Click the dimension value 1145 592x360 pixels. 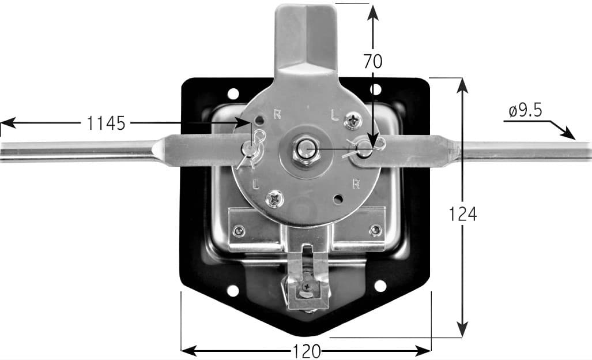pos(105,123)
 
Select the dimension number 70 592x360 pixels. pos(372,61)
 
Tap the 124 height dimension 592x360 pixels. pos(462,214)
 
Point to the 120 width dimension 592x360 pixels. pos(307,352)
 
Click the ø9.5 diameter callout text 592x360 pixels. pos(525,111)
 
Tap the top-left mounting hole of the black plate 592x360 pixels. pos(233,93)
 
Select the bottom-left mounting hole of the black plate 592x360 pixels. pos(232,291)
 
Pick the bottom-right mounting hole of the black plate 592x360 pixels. pos(380,286)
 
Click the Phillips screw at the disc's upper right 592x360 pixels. pos(353,121)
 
